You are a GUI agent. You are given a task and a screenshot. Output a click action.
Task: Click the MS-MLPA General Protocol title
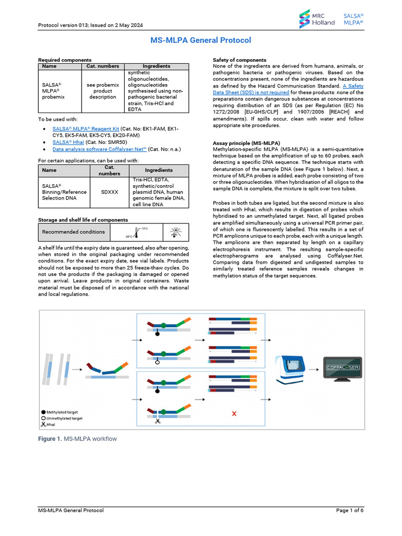coord(201,40)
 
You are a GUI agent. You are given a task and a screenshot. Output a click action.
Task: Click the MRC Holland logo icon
coord(304,20)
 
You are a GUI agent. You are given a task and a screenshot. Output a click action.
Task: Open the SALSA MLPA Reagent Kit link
coord(86,128)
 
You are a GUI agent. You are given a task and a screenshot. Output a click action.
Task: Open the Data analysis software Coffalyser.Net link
coord(99,149)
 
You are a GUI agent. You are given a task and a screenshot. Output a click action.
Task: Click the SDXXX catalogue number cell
coord(109,192)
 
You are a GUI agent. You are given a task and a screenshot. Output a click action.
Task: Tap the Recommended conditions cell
coord(73,232)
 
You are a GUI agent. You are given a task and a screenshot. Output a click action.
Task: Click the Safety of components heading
coord(239,60)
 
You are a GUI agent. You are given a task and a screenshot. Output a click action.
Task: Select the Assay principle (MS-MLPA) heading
coord(246,143)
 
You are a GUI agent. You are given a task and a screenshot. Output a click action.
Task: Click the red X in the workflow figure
coord(234,414)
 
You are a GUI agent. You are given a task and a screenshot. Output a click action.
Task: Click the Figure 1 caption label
coord(50,439)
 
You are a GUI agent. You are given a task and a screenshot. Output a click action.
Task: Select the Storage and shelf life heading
coord(83,220)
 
